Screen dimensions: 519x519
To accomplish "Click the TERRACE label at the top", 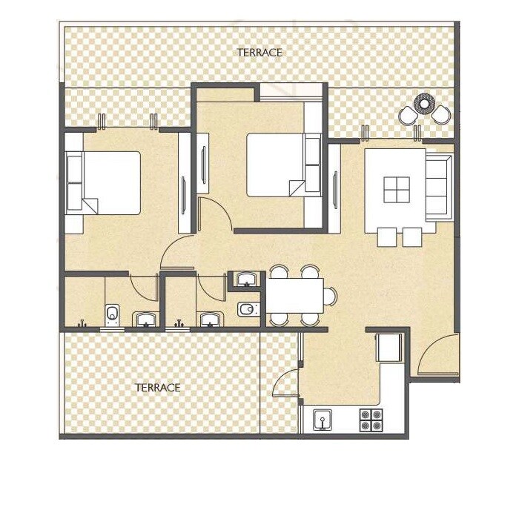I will pyautogui.click(x=259, y=53).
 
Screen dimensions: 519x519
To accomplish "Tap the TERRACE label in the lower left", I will pyautogui.click(x=158, y=388).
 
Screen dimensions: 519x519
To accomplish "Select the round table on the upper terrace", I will pyautogui.click(x=424, y=103).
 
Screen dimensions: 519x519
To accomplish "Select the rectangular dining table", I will pyautogui.click(x=294, y=295).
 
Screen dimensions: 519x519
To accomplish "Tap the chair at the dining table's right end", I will pyautogui.click(x=329, y=295).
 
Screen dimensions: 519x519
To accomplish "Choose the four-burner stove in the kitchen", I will pyautogui.click(x=370, y=420).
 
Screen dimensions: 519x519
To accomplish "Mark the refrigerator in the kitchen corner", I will pyautogui.click(x=389, y=347).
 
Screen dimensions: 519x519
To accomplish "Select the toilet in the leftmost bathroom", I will pyautogui.click(x=112, y=314).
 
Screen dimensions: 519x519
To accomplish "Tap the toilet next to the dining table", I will pyautogui.click(x=247, y=309).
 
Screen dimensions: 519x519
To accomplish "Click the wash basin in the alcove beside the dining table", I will pyautogui.click(x=245, y=280).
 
